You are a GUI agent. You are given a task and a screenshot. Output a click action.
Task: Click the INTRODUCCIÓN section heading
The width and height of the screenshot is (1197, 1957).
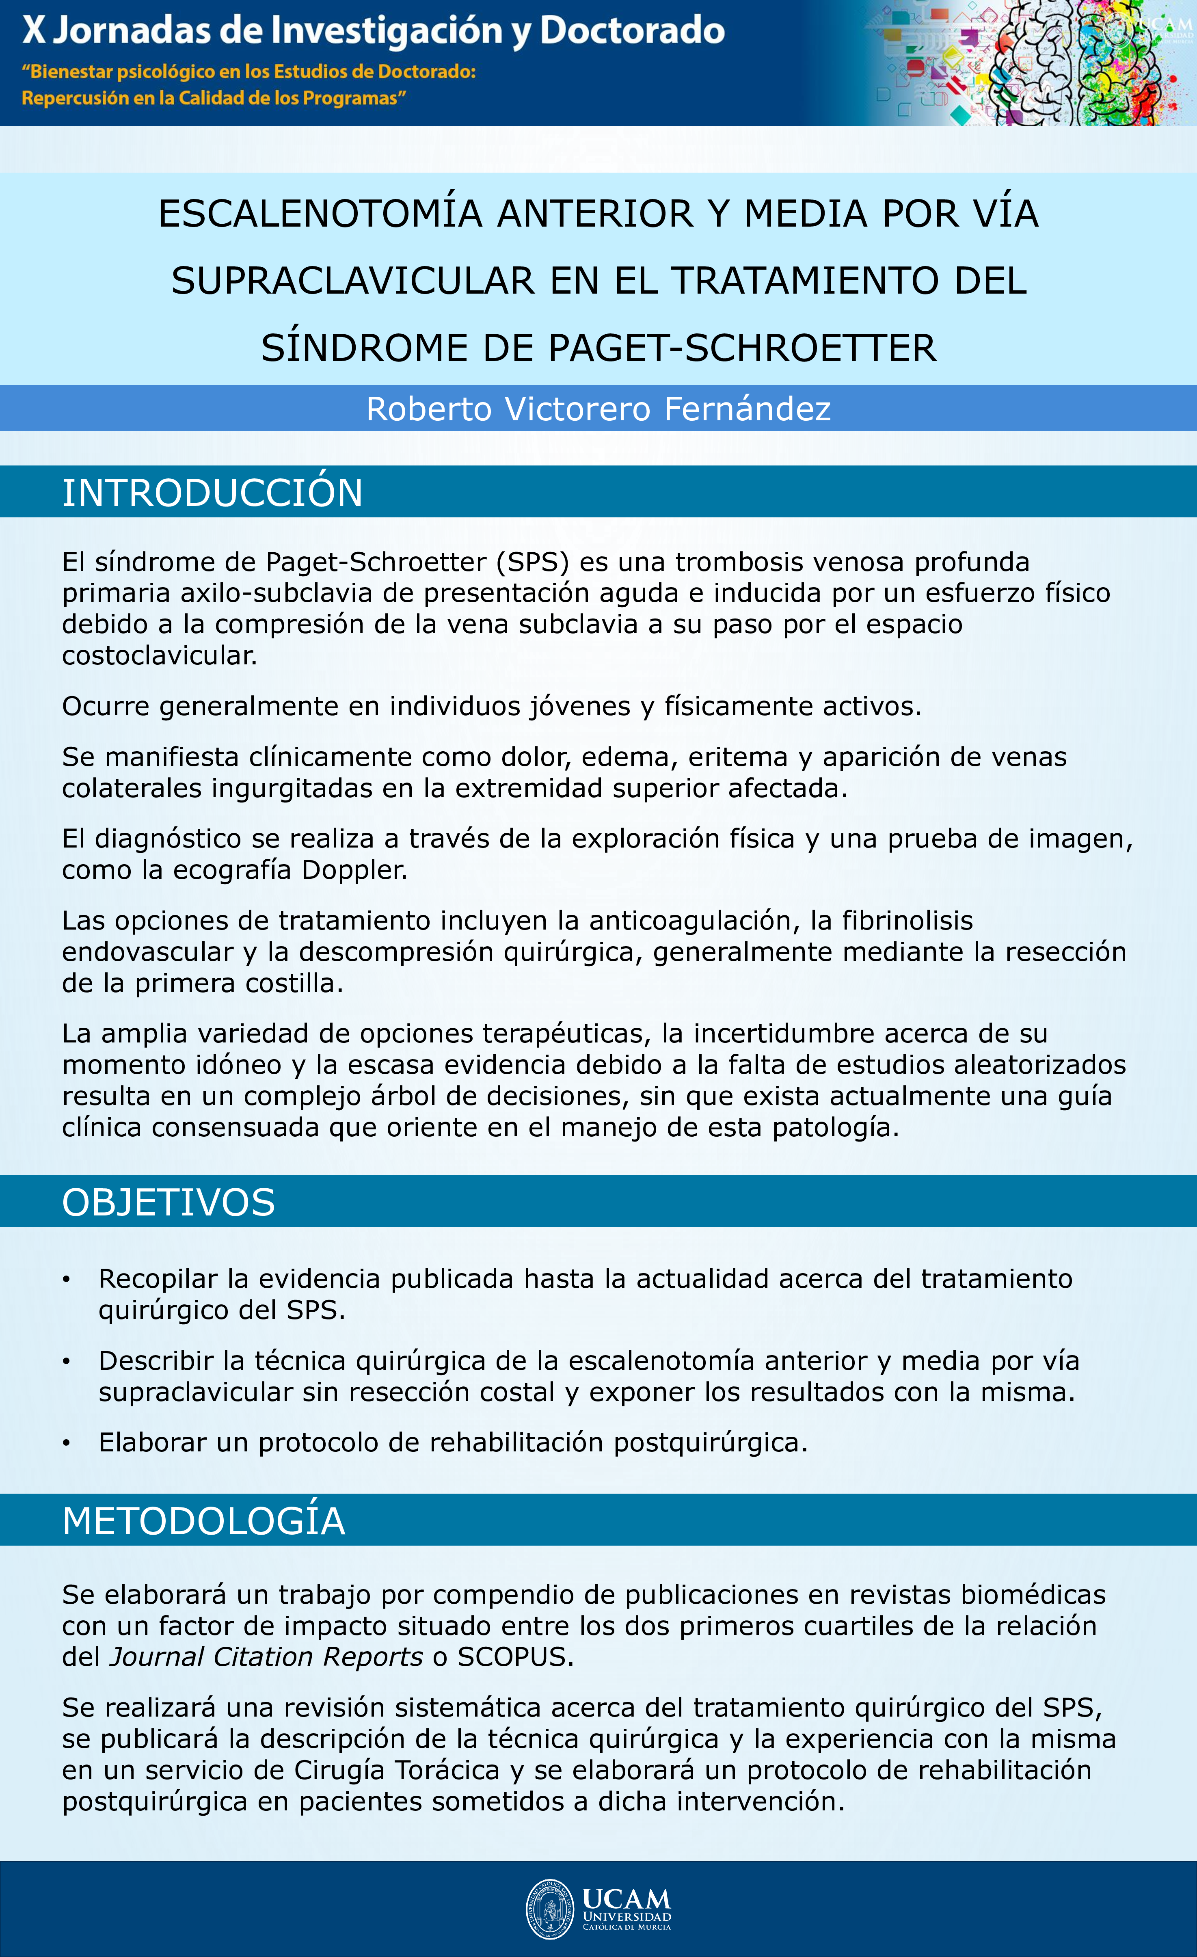click(x=212, y=493)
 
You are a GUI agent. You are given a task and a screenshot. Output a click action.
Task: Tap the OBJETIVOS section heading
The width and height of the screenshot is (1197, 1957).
click(x=169, y=1202)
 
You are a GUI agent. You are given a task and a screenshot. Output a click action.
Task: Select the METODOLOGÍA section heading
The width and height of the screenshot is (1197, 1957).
click(x=203, y=1521)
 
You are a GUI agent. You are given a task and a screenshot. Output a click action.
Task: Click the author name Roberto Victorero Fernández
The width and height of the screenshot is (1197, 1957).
click(x=598, y=409)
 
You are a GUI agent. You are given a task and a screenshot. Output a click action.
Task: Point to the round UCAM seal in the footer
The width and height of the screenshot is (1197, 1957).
click(x=550, y=1909)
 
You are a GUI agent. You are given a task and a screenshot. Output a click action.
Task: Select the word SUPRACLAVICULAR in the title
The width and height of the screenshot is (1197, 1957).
click(x=353, y=281)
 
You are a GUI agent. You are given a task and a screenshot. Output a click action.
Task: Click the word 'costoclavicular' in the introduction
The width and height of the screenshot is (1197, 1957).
click(x=160, y=656)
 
